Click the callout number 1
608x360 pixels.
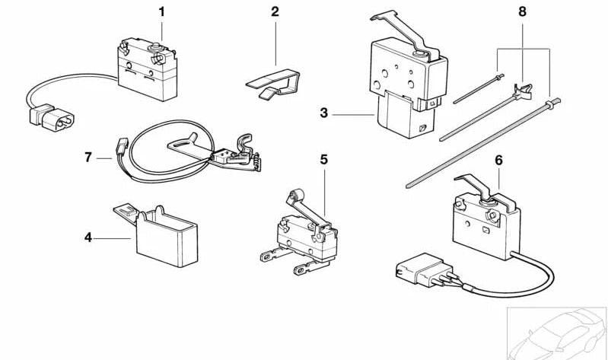(161, 11)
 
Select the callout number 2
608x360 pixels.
(275, 11)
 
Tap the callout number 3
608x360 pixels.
(323, 113)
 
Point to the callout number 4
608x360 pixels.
(88, 237)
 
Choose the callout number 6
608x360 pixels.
(498, 161)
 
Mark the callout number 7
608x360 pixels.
(88, 158)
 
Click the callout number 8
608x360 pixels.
(521, 11)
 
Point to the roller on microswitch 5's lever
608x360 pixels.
(291, 196)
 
